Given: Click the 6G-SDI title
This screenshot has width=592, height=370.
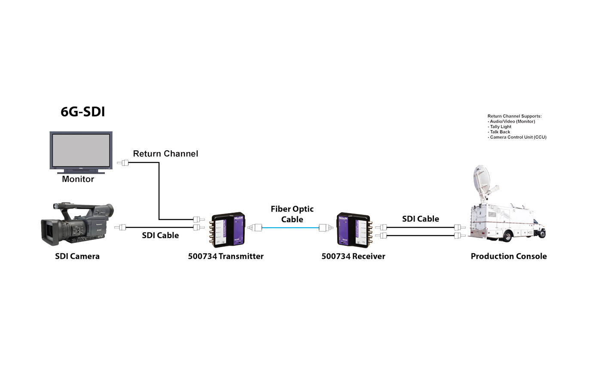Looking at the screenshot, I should (82, 112).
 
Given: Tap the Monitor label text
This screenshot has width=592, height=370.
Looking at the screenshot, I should (78, 179).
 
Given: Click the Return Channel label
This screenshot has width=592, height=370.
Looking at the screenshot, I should (165, 153).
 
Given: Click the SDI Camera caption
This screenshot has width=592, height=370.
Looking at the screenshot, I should (77, 256).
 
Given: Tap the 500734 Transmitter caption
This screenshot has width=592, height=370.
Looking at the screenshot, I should (226, 256).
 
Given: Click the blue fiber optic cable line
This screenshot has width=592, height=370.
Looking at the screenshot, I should (290, 228).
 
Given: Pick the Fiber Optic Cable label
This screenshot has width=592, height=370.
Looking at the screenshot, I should (292, 214).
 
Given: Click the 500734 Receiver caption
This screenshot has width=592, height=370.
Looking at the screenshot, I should (353, 256).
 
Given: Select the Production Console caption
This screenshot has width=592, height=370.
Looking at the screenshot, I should (509, 256).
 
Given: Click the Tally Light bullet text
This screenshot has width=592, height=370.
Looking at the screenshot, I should (500, 127).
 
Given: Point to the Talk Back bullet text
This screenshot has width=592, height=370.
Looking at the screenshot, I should (499, 132).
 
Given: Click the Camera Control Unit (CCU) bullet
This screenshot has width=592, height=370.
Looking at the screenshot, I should (518, 137).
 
